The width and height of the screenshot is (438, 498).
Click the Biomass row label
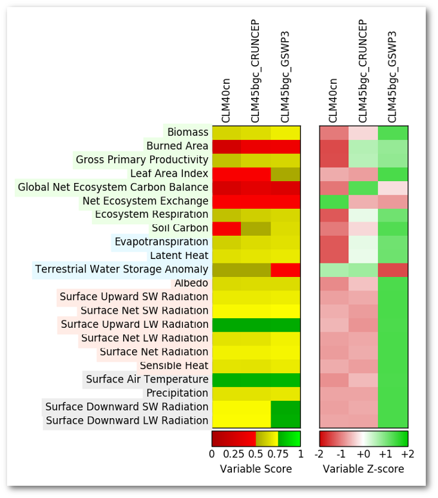coord(187,132)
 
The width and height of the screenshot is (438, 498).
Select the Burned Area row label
coord(177,146)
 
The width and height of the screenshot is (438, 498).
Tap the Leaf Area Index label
coord(169,173)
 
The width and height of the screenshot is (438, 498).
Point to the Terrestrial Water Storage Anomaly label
coord(122,269)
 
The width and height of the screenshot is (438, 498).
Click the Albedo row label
coord(191,283)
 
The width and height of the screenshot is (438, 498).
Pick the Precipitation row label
coord(177,393)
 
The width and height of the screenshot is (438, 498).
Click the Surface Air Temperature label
coord(147,379)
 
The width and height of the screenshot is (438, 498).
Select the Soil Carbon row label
coord(180,228)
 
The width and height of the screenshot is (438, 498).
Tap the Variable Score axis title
coord(256,468)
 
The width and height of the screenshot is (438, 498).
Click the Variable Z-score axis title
coord(363,468)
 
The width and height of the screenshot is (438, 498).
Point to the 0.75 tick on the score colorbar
coord(278,454)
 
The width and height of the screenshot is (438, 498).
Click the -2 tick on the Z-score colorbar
coord(319,454)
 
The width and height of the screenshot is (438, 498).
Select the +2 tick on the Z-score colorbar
coord(407,454)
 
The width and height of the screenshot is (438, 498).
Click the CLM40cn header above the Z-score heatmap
coord(333,100)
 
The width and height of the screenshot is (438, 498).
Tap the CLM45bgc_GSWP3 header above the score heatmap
coord(285,77)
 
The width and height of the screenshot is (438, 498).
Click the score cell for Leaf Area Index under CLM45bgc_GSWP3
coord(285,173)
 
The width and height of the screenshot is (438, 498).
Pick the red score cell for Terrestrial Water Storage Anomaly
coord(285,269)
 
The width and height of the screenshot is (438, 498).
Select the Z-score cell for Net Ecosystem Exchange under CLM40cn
coord(334,201)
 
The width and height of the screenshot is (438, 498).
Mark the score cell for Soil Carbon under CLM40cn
coord(226,228)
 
